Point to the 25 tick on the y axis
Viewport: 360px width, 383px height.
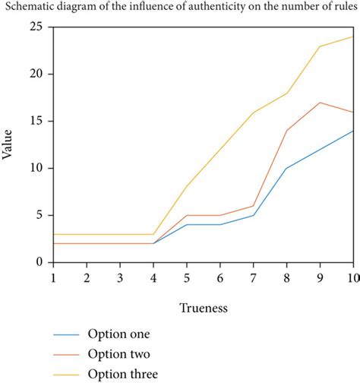pos(36,27)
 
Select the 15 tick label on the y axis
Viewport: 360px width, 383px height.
pos(36,122)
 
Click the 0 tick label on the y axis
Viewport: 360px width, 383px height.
pos(40,262)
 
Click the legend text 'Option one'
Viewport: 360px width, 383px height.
pos(118,334)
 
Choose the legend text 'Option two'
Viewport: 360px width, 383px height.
pos(118,353)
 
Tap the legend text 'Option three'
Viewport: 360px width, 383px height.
pos(123,373)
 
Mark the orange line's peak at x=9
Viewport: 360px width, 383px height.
pos(321,103)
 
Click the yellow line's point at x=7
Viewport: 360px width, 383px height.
pos(254,112)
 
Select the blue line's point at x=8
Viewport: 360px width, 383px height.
pos(287,168)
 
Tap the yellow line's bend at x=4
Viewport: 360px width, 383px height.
pos(153,234)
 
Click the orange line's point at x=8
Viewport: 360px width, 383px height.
pos(287,131)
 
